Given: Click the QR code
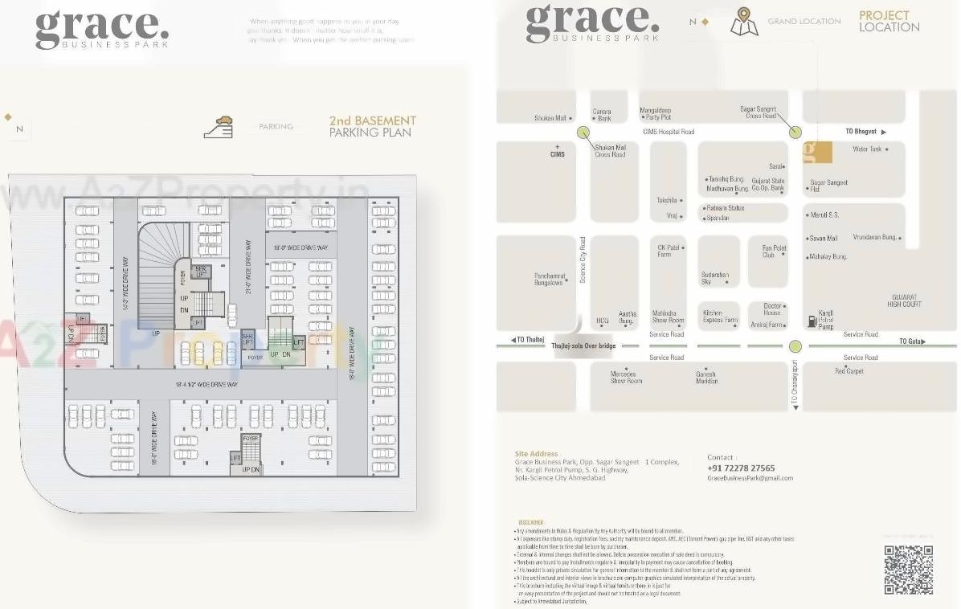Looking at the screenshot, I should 908,570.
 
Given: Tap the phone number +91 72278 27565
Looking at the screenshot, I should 741,468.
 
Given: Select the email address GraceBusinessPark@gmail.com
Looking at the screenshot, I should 750,478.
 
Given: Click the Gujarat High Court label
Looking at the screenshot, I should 905,300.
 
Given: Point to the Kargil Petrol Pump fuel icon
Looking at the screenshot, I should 812,321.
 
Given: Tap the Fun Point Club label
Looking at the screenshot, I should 775,251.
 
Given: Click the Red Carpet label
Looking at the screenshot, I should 849,371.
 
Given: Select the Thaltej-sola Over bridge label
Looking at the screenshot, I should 583,345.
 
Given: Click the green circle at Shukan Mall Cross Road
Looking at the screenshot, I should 583,133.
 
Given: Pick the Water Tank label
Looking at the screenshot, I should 867,149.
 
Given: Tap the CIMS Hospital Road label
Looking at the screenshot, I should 669,132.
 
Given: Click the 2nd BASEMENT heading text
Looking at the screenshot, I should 372,121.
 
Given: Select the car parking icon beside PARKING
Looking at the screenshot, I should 219,127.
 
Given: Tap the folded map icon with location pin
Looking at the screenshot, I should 743,22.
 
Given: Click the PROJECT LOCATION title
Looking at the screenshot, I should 889,21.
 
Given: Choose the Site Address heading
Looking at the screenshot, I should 536,454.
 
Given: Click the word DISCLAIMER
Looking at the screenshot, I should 530,522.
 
